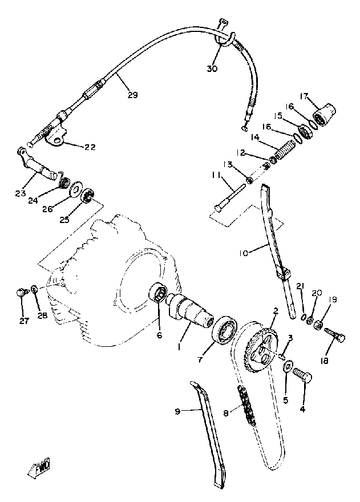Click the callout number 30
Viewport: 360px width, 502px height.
pos(212,70)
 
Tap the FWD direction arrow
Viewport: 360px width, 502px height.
pos(40,469)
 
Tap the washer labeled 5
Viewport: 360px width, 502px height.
pos(288,365)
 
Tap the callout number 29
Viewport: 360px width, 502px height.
pos(132,95)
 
